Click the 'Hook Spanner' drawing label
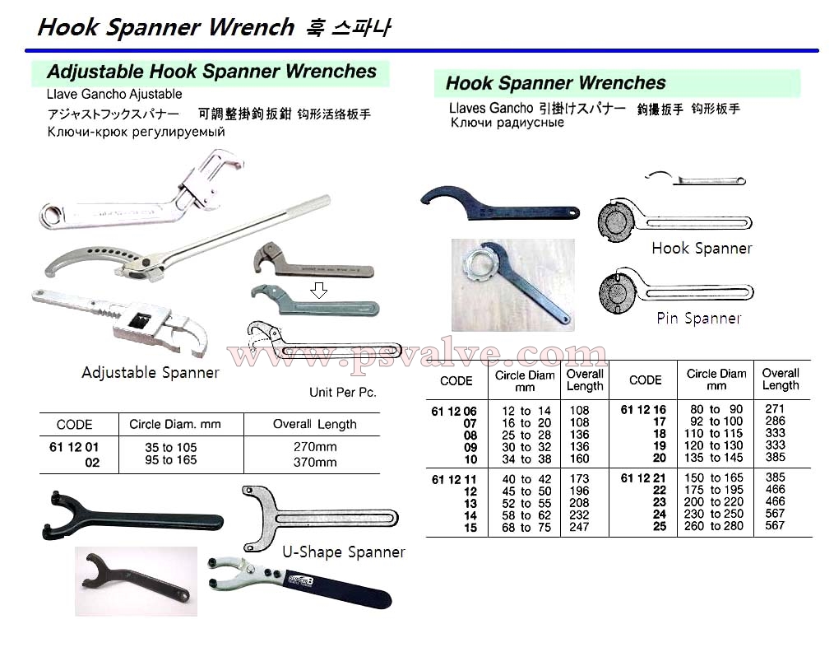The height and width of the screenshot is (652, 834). pos(702,249)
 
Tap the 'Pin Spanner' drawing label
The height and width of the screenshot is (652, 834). pos(698,319)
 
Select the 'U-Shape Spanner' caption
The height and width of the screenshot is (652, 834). pos(344,552)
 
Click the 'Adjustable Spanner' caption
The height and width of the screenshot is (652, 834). pos(151,373)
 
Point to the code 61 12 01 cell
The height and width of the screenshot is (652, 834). pos(74,447)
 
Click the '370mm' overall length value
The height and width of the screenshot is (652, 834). pos(315,462)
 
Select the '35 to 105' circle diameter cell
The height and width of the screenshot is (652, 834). pos(171,447)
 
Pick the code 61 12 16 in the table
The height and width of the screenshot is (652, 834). pos(643,410)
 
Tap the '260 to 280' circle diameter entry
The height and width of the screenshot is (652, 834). pos(714,526)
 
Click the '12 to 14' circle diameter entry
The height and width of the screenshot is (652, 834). pos(526,411)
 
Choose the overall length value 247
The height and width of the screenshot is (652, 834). pos(579,527)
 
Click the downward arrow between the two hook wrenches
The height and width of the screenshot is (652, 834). pos(318,290)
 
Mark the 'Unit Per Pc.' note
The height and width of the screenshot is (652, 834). pos(342,392)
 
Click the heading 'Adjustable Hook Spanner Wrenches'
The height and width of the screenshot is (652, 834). pos(211,72)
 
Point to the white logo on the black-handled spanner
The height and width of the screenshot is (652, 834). pos(300,579)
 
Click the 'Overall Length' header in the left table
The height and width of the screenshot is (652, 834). pos(315,424)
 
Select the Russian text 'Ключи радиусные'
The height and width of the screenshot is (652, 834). pos(507,123)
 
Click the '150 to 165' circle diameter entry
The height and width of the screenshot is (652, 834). pos(714,477)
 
